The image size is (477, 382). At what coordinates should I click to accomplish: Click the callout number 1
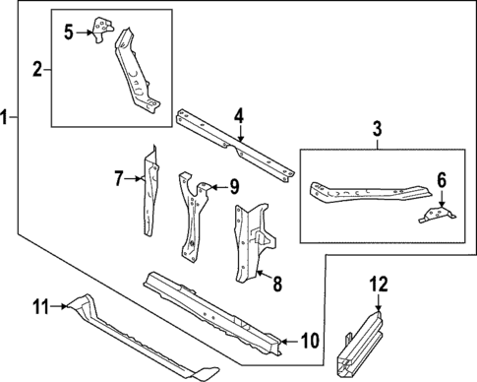coord(7,117)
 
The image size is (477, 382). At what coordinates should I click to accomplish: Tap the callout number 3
coord(377,129)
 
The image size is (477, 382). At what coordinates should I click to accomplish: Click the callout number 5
coord(68,32)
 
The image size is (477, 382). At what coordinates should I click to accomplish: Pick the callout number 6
coord(442,180)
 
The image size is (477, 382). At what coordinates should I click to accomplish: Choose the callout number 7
coord(118,178)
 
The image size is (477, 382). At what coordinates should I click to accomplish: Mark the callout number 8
coord(277,285)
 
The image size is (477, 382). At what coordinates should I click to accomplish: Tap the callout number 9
coord(233,185)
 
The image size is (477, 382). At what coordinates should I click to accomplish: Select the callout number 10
coord(308,342)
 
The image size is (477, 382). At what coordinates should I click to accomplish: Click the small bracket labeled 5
coord(99,30)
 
